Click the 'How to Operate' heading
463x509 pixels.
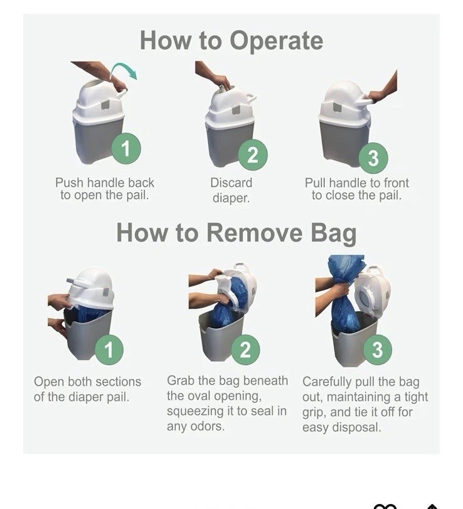pyautogui.click(x=231, y=41)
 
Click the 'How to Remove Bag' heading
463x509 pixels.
pyautogui.click(x=236, y=233)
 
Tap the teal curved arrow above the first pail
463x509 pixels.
pyautogui.click(x=125, y=69)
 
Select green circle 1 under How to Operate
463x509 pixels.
pyautogui.click(x=126, y=148)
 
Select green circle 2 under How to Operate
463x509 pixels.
pyautogui.click(x=253, y=155)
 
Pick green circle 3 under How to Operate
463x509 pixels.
pyautogui.click(x=373, y=158)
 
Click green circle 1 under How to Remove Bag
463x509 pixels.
pyautogui.click(x=109, y=349)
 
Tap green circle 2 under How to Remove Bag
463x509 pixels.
pyautogui.click(x=245, y=349)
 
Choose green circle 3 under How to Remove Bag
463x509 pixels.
pyautogui.click(x=378, y=349)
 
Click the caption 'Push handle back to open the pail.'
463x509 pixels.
pyautogui.click(x=104, y=189)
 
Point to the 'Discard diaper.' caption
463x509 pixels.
pyautogui.click(x=231, y=190)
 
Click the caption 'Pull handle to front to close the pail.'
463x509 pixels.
pyautogui.click(x=357, y=189)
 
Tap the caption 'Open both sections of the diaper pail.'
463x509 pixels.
pyautogui.click(x=87, y=389)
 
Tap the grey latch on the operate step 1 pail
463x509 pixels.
pyautogui.click(x=105, y=104)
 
